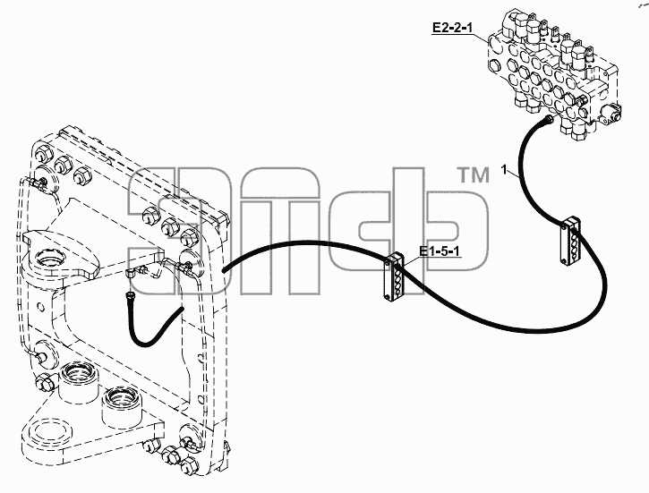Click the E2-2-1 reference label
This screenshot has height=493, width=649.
[452, 28]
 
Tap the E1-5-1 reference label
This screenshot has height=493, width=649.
[440, 251]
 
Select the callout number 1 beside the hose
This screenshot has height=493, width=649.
[504, 170]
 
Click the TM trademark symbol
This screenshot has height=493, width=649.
[473, 175]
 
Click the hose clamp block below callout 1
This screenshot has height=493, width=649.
[570, 241]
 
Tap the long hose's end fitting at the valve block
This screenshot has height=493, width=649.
[550, 120]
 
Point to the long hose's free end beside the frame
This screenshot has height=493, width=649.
[224, 270]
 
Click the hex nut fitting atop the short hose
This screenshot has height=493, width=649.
[131, 295]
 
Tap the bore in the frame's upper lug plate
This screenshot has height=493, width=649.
[49, 260]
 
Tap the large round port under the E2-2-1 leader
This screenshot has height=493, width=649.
[495, 44]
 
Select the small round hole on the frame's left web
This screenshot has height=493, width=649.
[40, 307]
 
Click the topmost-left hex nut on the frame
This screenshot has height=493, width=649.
[44, 153]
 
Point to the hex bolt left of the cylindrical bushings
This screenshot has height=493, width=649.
[45, 382]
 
